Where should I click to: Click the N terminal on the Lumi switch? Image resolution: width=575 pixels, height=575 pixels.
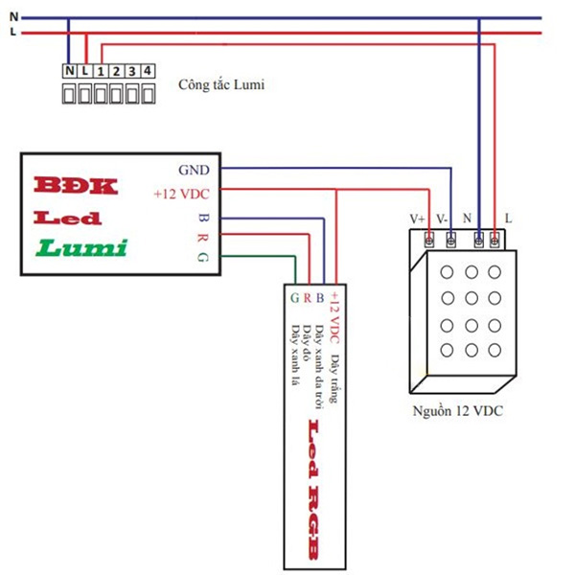tap(70, 71)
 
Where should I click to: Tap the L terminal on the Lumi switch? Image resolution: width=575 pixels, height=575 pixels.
tap(85, 71)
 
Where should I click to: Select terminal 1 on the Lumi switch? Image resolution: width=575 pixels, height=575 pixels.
tap(101, 71)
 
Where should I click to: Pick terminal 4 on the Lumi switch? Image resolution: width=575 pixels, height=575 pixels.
tap(147, 71)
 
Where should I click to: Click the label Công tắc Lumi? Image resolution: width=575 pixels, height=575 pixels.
tap(220, 84)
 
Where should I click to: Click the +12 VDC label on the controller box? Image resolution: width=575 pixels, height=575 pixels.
tap(181, 193)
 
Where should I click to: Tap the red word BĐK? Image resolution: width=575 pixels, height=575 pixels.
tap(75, 185)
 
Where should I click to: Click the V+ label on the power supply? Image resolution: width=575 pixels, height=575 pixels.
tap(418, 218)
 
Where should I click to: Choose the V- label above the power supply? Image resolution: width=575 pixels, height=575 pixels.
tap(443, 218)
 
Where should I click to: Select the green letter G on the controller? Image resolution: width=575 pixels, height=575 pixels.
tap(202, 258)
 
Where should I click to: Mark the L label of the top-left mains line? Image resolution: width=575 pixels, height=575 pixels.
tap(12, 32)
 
